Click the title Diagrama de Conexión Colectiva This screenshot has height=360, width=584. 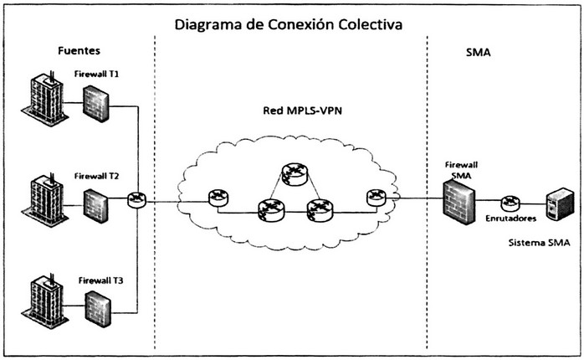[x=289, y=23]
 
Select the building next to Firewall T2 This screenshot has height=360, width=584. [x=44, y=201]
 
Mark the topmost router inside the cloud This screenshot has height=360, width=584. [x=294, y=173]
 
